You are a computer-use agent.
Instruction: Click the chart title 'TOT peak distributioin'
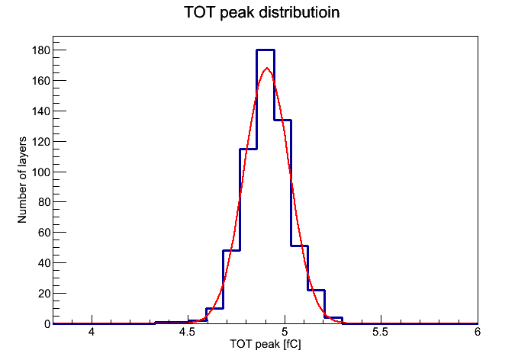tap(262, 13)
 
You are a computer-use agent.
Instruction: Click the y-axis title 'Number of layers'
tap(22, 180)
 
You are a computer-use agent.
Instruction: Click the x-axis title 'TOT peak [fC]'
tap(265, 344)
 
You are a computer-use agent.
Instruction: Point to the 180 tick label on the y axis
tap(41, 50)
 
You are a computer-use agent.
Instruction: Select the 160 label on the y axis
tap(41, 81)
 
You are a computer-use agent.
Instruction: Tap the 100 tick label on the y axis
tap(41, 172)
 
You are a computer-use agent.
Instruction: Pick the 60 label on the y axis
tap(44, 233)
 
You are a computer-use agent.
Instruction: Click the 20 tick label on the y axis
tap(44, 294)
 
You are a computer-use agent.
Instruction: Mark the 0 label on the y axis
tap(47, 324)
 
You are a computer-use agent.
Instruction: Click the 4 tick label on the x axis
tap(92, 332)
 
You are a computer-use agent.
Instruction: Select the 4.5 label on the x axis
tap(187, 332)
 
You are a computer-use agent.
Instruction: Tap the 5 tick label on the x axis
tap(285, 332)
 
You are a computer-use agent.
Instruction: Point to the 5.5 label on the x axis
tap(380, 332)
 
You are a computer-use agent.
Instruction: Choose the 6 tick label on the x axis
tap(477, 332)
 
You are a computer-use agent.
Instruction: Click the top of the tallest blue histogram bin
tap(265, 50)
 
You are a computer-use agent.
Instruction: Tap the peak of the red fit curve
tap(267, 68)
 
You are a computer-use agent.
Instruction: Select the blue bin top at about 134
tap(283, 121)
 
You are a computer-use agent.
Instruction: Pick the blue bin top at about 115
tap(248, 149)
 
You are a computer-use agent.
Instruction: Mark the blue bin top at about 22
tap(317, 291)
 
